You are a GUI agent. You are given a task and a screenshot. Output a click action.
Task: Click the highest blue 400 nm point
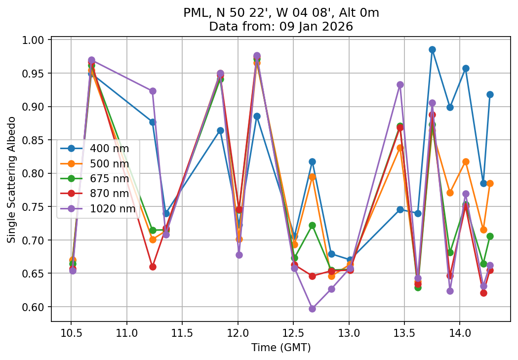click(432, 49)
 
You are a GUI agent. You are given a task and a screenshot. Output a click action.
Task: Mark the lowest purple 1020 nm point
click(312, 309)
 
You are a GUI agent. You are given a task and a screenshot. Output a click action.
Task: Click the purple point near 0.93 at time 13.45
click(400, 84)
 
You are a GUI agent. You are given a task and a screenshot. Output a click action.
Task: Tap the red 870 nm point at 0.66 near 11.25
click(153, 267)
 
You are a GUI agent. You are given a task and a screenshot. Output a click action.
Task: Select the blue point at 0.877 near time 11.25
click(153, 122)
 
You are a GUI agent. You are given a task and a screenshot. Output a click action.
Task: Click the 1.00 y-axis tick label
click(34, 40)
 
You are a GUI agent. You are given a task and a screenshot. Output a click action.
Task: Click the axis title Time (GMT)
click(281, 348)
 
